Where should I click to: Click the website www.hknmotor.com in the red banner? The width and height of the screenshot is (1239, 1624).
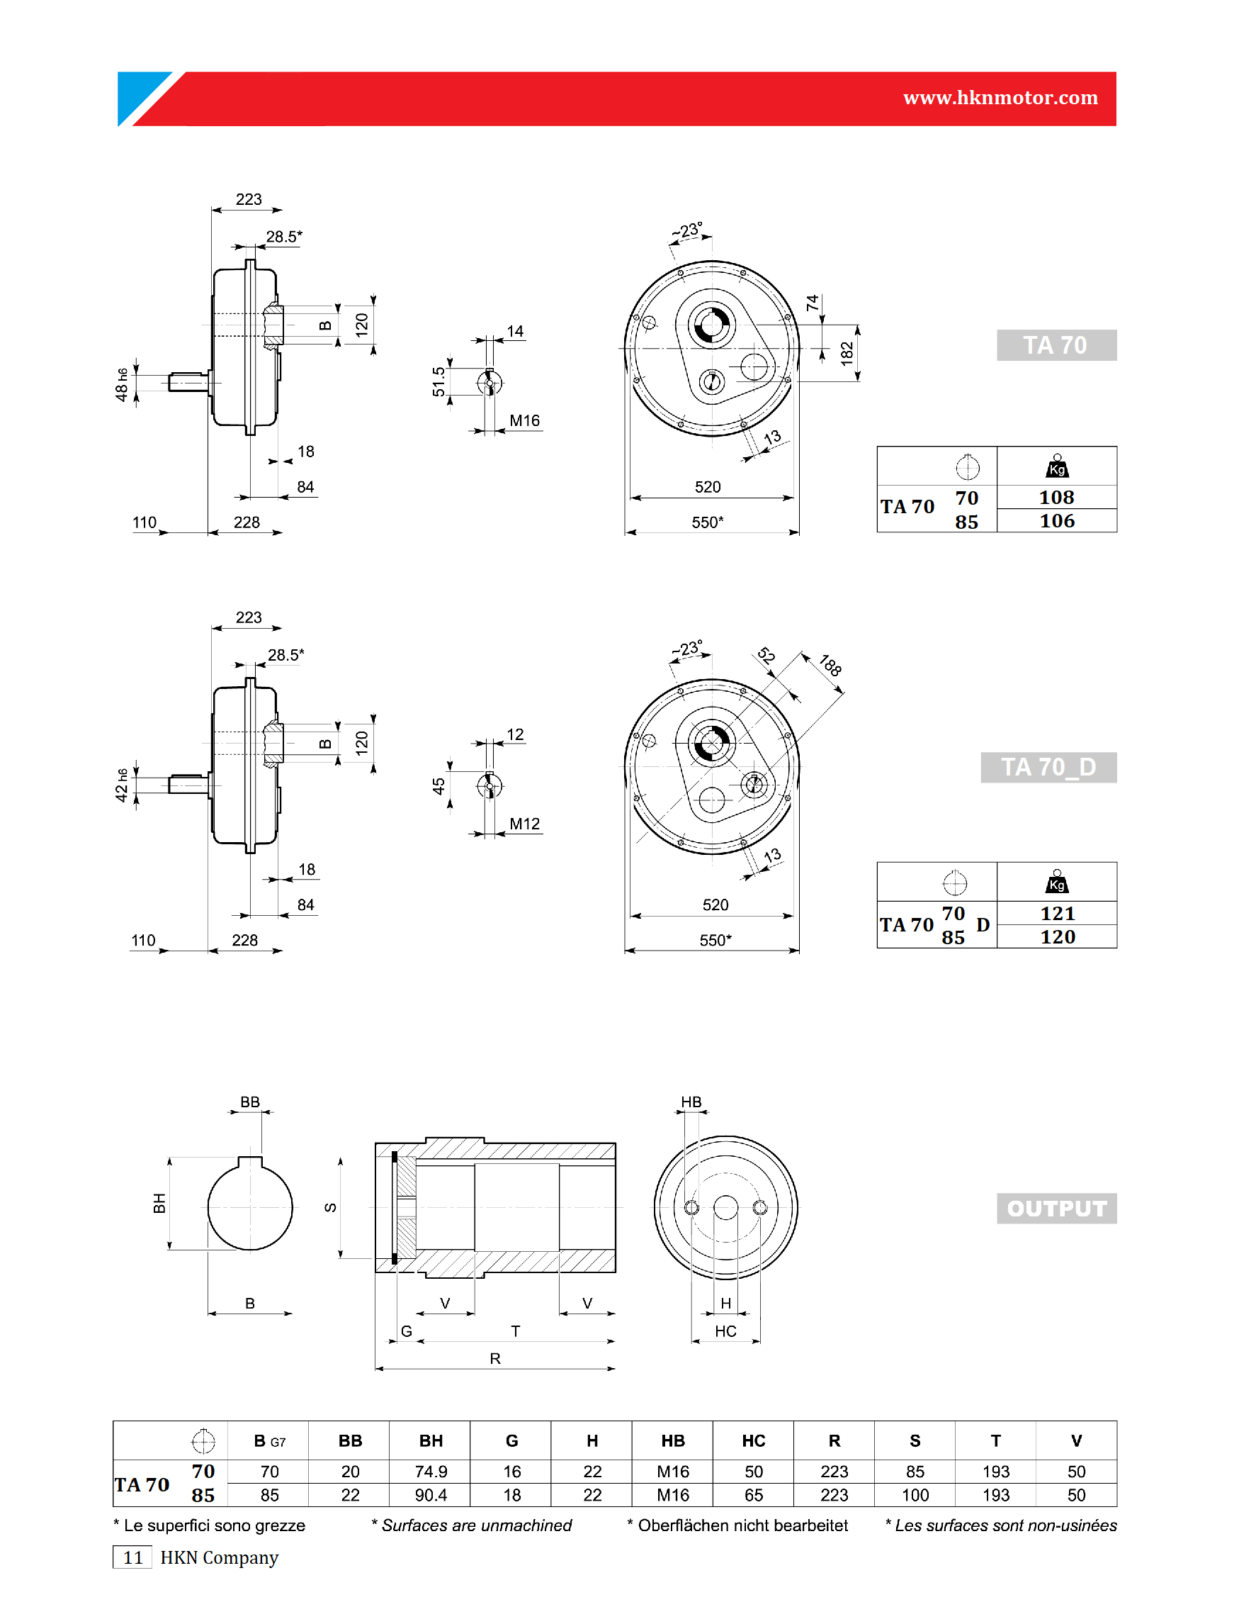click(1000, 97)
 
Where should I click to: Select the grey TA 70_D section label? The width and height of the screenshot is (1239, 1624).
click(1048, 768)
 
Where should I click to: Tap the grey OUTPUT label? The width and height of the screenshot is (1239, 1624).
click(1056, 1209)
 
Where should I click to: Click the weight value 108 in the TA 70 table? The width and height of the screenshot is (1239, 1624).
click(1056, 498)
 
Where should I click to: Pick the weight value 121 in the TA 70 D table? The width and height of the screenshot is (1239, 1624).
click(1057, 914)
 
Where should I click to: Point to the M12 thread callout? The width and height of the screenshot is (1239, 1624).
click(524, 824)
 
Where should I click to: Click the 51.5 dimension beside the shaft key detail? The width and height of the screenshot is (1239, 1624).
click(439, 381)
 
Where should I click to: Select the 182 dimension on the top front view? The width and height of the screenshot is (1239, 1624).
click(847, 354)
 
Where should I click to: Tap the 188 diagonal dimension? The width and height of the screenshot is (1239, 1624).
click(830, 665)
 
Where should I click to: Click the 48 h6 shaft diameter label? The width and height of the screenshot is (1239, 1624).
click(121, 384)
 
